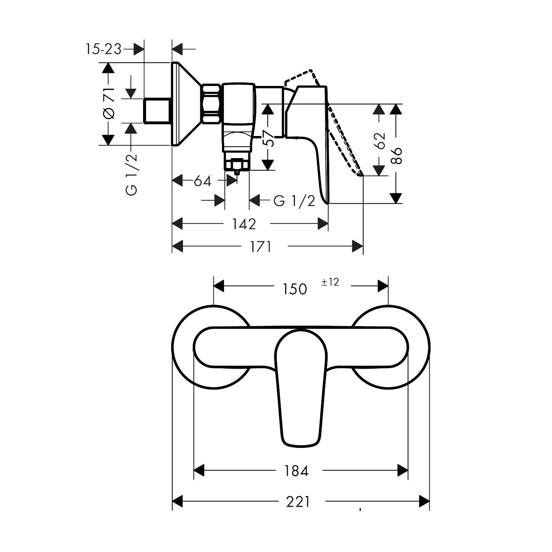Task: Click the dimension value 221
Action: click(298, 502)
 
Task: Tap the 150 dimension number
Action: click(295, 289)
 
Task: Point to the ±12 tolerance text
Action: click(330, 282)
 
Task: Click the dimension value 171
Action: click(261, 247)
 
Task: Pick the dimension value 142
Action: click(244, 224)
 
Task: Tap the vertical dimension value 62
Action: click(379, 140)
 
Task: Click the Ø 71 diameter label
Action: click(109, 103)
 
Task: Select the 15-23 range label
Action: click(103, 49)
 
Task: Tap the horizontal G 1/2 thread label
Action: click(295, 201)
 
